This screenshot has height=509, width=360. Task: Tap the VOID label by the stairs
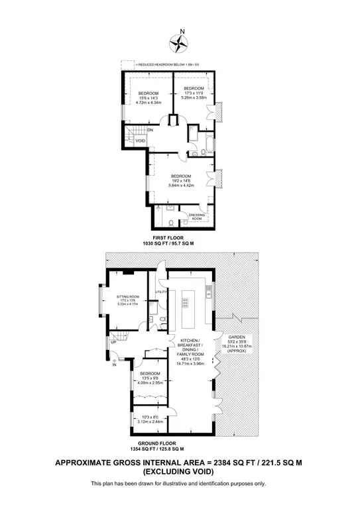(x=141, y=141)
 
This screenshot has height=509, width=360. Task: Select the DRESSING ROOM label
(x=197, y=216)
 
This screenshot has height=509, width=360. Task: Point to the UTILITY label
(x=160, y=292)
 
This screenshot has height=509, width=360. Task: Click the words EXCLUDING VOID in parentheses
(x=180, y=472)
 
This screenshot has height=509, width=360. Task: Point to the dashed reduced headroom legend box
(x=126, y=65)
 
